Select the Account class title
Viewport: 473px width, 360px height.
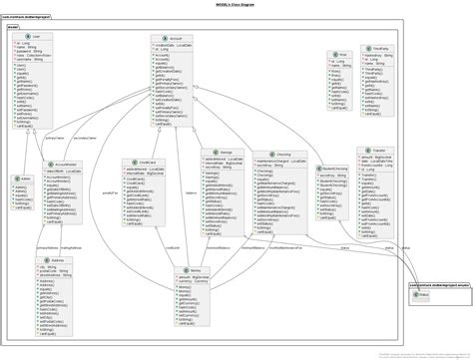click(177, 39)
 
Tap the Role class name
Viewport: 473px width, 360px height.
click(341, 54)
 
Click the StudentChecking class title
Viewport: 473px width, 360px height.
click(337, 169)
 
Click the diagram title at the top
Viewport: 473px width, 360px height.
click(236, 5)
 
